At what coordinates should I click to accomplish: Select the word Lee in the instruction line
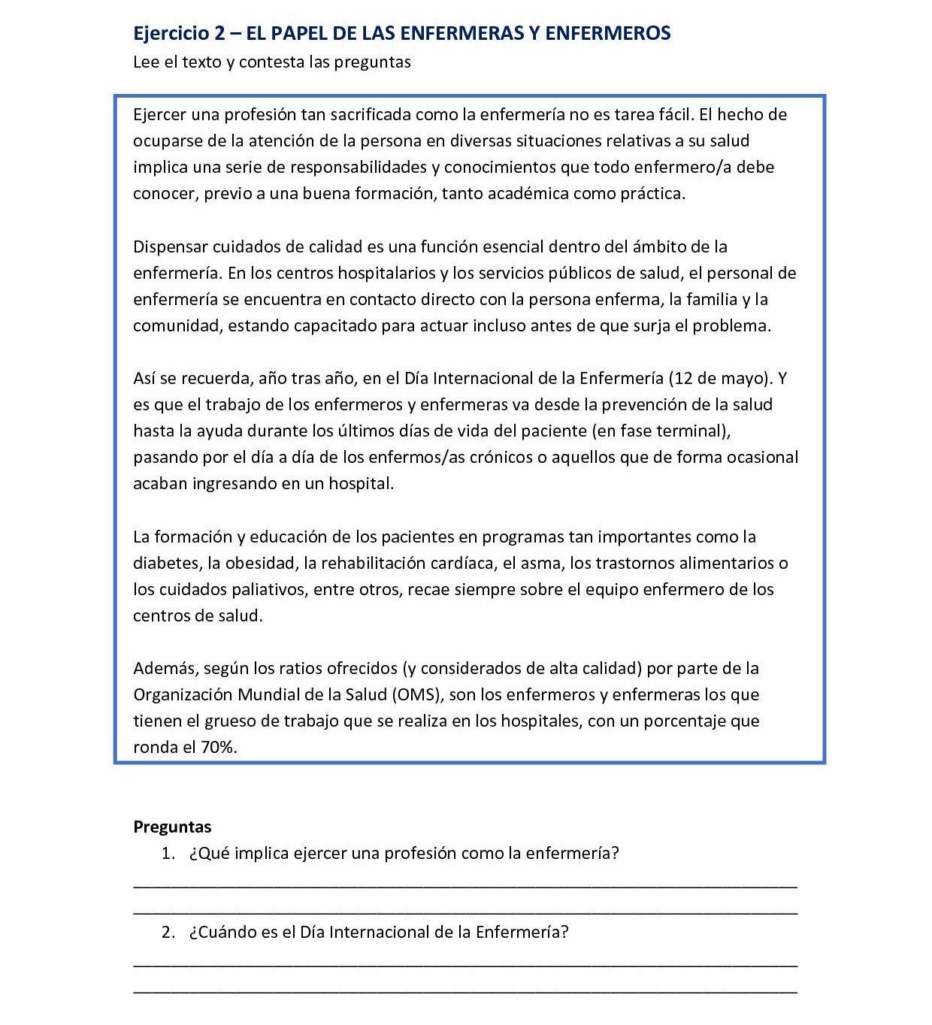point(145,62)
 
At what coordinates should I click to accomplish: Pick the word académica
point(526,194)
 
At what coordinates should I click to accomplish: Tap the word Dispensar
point(170,247)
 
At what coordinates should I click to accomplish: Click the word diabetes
point(165,564)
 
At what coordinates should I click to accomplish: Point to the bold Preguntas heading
point(172,827)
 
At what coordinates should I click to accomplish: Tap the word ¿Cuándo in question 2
point(217,933)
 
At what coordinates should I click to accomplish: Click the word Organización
point(183,695)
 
